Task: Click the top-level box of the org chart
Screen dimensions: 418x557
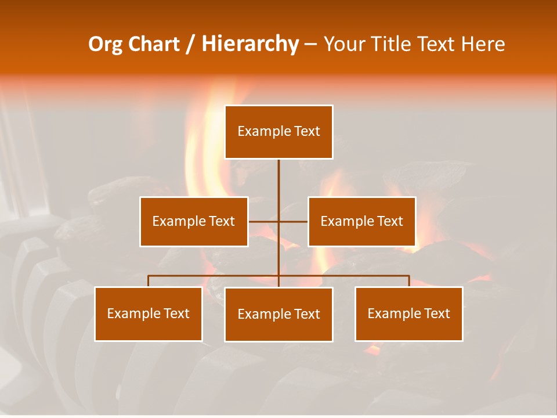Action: pyautogui.click(x=278, y=132)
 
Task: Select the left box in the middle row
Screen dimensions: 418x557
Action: pyautogui.click(x=194, y=221)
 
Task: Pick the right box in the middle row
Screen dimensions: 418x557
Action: pyautogui.click(x=361, y=221)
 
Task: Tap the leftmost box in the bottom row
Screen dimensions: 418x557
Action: pyautogui.click(x=149, y=313)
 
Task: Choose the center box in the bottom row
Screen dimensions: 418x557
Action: pyautogui.click(x=278, y=314)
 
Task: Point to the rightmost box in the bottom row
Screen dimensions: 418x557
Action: pyautogui.click(x=408, y=313)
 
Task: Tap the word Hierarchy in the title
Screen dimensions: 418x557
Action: pyautogui.click(x=250, y=44)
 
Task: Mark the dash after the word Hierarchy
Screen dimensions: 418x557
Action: pyautogui.click(x=310, y=45)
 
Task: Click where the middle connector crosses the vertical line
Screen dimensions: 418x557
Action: pyautogui.click(x=278, y=221)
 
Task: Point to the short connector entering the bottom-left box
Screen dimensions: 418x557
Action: pyautogui.click(x=149, y=281)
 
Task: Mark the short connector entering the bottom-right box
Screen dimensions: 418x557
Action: pyautogui.click(x=409, y=281)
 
